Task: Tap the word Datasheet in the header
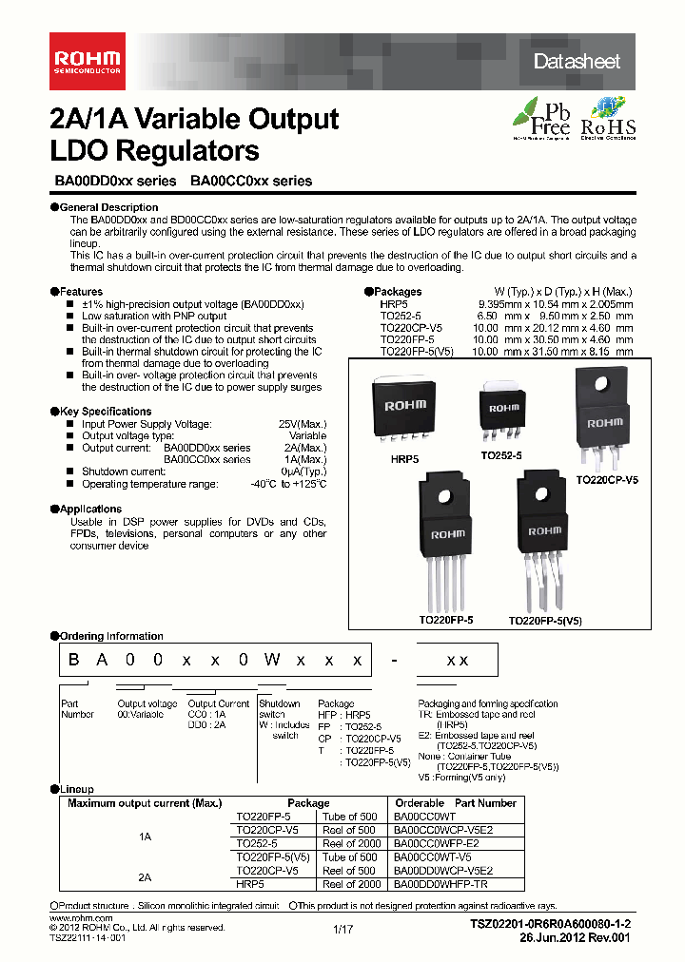tap(577, 62)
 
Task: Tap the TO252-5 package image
tap(505, 409)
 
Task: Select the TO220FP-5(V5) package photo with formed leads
tap(545, 537)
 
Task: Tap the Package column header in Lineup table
tap(308, 803)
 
